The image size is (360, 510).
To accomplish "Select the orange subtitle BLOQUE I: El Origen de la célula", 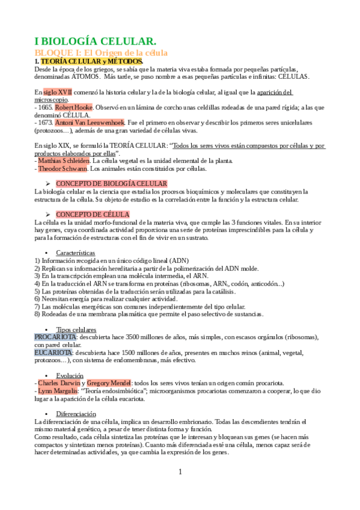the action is point(100,53).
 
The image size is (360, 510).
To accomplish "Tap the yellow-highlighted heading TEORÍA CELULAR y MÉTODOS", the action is point(91,61).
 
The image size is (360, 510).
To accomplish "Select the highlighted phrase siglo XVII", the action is point(53,92).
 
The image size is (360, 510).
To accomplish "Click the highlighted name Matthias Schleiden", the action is point(64,161).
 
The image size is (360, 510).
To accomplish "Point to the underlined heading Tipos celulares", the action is point(75,330).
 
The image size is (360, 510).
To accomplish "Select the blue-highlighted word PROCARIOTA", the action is point(55,337).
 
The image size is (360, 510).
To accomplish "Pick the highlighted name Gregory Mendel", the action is point(109,383).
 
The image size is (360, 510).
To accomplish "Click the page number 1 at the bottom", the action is point(180,472).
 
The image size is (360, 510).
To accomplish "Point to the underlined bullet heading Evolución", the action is point(70,375).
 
